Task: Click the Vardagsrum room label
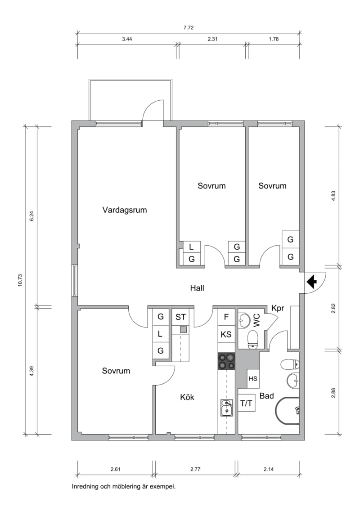(124, 210)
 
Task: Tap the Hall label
(197, 288)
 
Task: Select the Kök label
(187, 397)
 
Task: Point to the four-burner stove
(226, 361)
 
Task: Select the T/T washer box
(247, 403)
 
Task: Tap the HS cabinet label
(253, 379)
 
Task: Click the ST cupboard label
(180, 317)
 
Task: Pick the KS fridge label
(226, 334)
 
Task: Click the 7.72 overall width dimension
(189, 27)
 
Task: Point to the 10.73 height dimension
(20, 280)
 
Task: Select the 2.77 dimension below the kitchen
(195, 469)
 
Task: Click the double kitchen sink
(226, 408)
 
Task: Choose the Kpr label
(277, 309)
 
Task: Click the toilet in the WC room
(253, 339)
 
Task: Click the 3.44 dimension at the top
(127, 39)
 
